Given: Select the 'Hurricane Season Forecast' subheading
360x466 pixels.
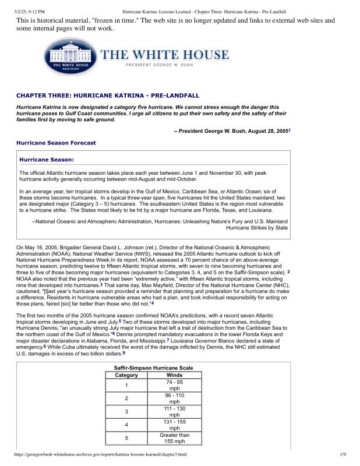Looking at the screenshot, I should [x=56, y=143].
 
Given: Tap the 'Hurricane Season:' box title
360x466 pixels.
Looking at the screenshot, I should [x=47, y=159].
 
